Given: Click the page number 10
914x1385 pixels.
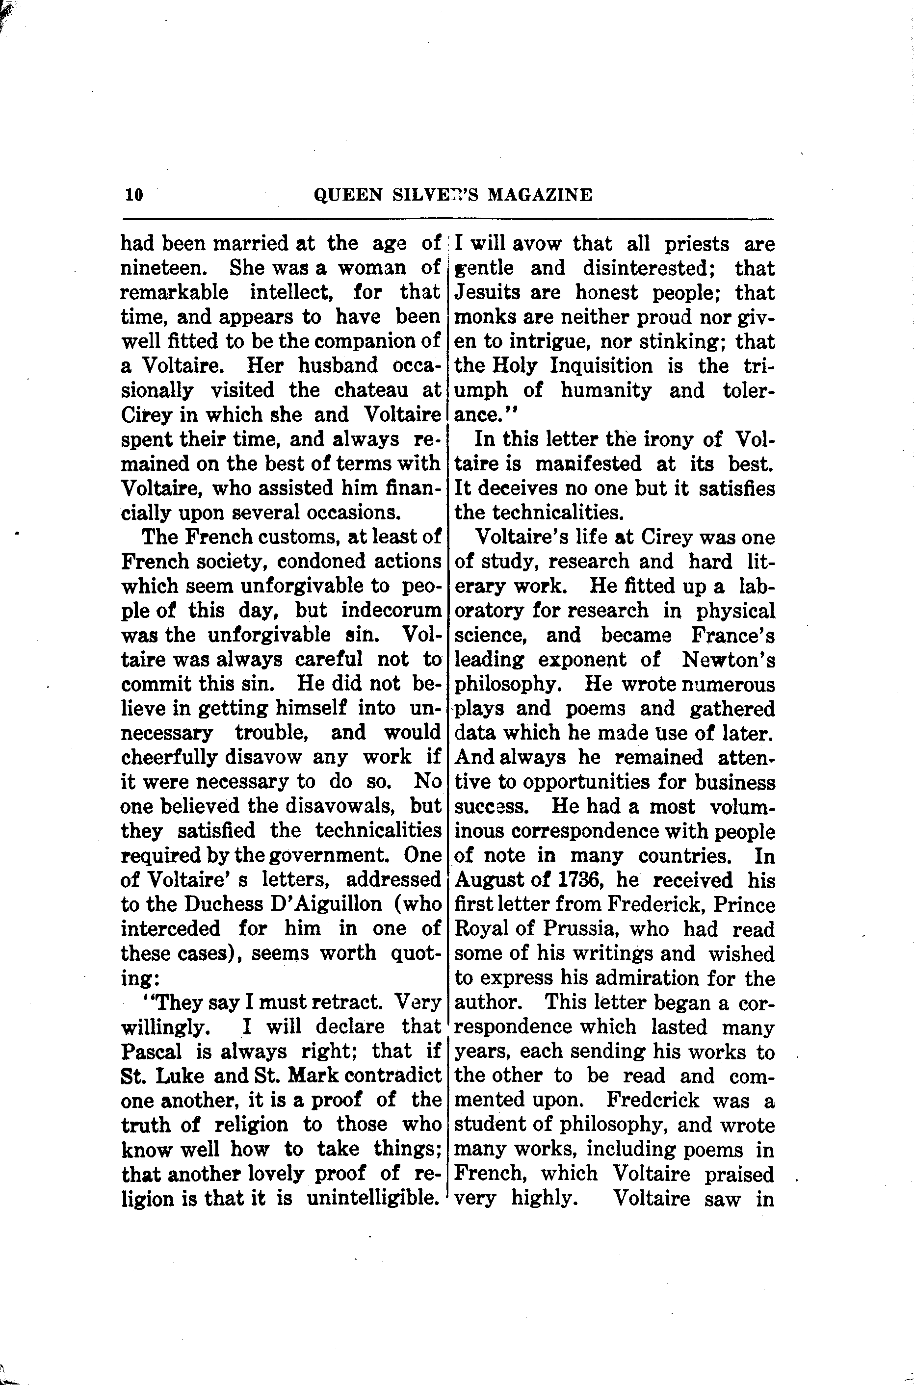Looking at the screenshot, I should pyautogui.click(x=133, y=194).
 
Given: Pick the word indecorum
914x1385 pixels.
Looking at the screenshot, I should pyautogui.click(x=391, y=610).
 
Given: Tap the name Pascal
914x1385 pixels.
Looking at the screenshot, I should pyautogui.click(x=152, y=1051).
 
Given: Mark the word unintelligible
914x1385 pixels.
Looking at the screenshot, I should pyautogui.click(x=372, y=1198).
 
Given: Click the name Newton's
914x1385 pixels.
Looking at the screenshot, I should pyautogui.click(x=729, y=660).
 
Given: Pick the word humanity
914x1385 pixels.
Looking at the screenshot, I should pyautogui.click(x=606, y=390).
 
